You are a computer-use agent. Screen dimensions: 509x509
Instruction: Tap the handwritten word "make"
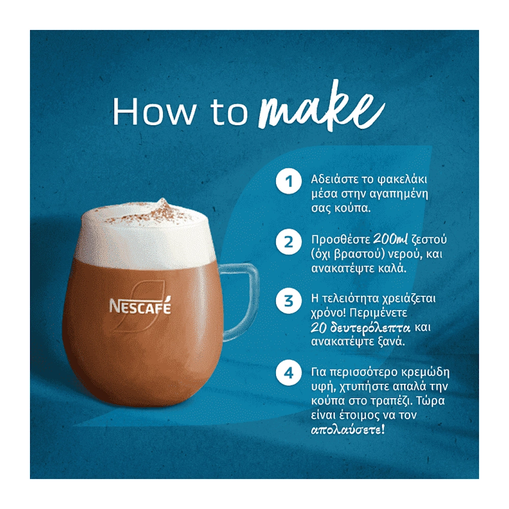point(321,106)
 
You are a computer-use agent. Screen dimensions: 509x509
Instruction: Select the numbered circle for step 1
point(289,181)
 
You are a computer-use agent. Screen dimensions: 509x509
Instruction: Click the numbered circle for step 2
point(289,242)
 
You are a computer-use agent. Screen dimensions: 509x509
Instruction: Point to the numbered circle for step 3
point(289,301)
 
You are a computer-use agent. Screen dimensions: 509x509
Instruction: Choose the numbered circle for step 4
point(289,373)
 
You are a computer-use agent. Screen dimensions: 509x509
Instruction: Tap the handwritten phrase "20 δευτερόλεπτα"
point(360,327)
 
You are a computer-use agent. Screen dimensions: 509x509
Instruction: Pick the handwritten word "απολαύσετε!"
point(348,430)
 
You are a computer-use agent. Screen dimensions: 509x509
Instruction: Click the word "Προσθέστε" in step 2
point(341,240)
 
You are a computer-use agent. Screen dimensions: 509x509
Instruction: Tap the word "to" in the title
point(229,112)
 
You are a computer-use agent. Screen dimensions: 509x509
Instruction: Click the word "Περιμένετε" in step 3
point(379,313)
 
